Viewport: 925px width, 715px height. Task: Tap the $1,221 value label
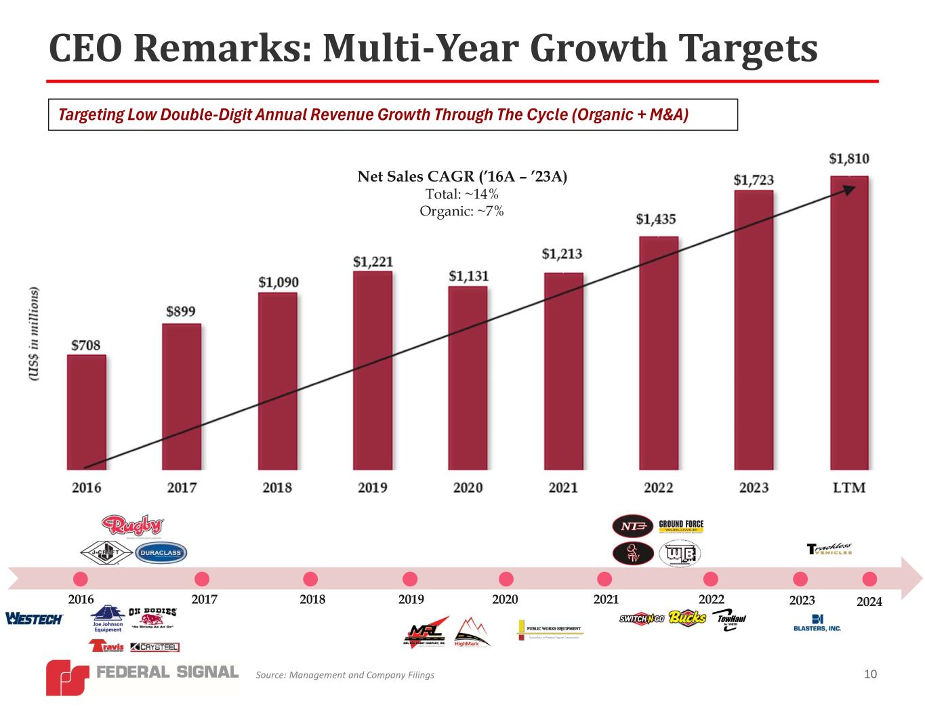coord(373,262)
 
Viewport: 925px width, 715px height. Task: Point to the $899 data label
coord(181,312)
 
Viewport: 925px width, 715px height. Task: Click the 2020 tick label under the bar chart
coord(468,488)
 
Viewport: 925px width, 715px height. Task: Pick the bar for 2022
coord(659,352)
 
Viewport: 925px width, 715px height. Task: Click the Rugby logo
coord(133,526)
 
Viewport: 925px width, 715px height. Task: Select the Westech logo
coord(34,619)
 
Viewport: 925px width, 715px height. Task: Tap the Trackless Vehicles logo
coord(830,549)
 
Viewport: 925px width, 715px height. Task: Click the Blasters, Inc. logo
coord(817,623)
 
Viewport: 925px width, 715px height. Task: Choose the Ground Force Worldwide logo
coord(681,526)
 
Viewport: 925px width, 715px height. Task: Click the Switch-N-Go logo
coord(642,618)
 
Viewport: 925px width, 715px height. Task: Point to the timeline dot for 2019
coord(410,579)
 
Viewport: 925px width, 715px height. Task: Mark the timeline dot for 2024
coord(869,579)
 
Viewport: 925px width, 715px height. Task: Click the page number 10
coord(871,674)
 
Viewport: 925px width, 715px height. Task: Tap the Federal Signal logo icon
coord(67,677)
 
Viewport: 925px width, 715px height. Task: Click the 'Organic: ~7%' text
coord(461,211)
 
